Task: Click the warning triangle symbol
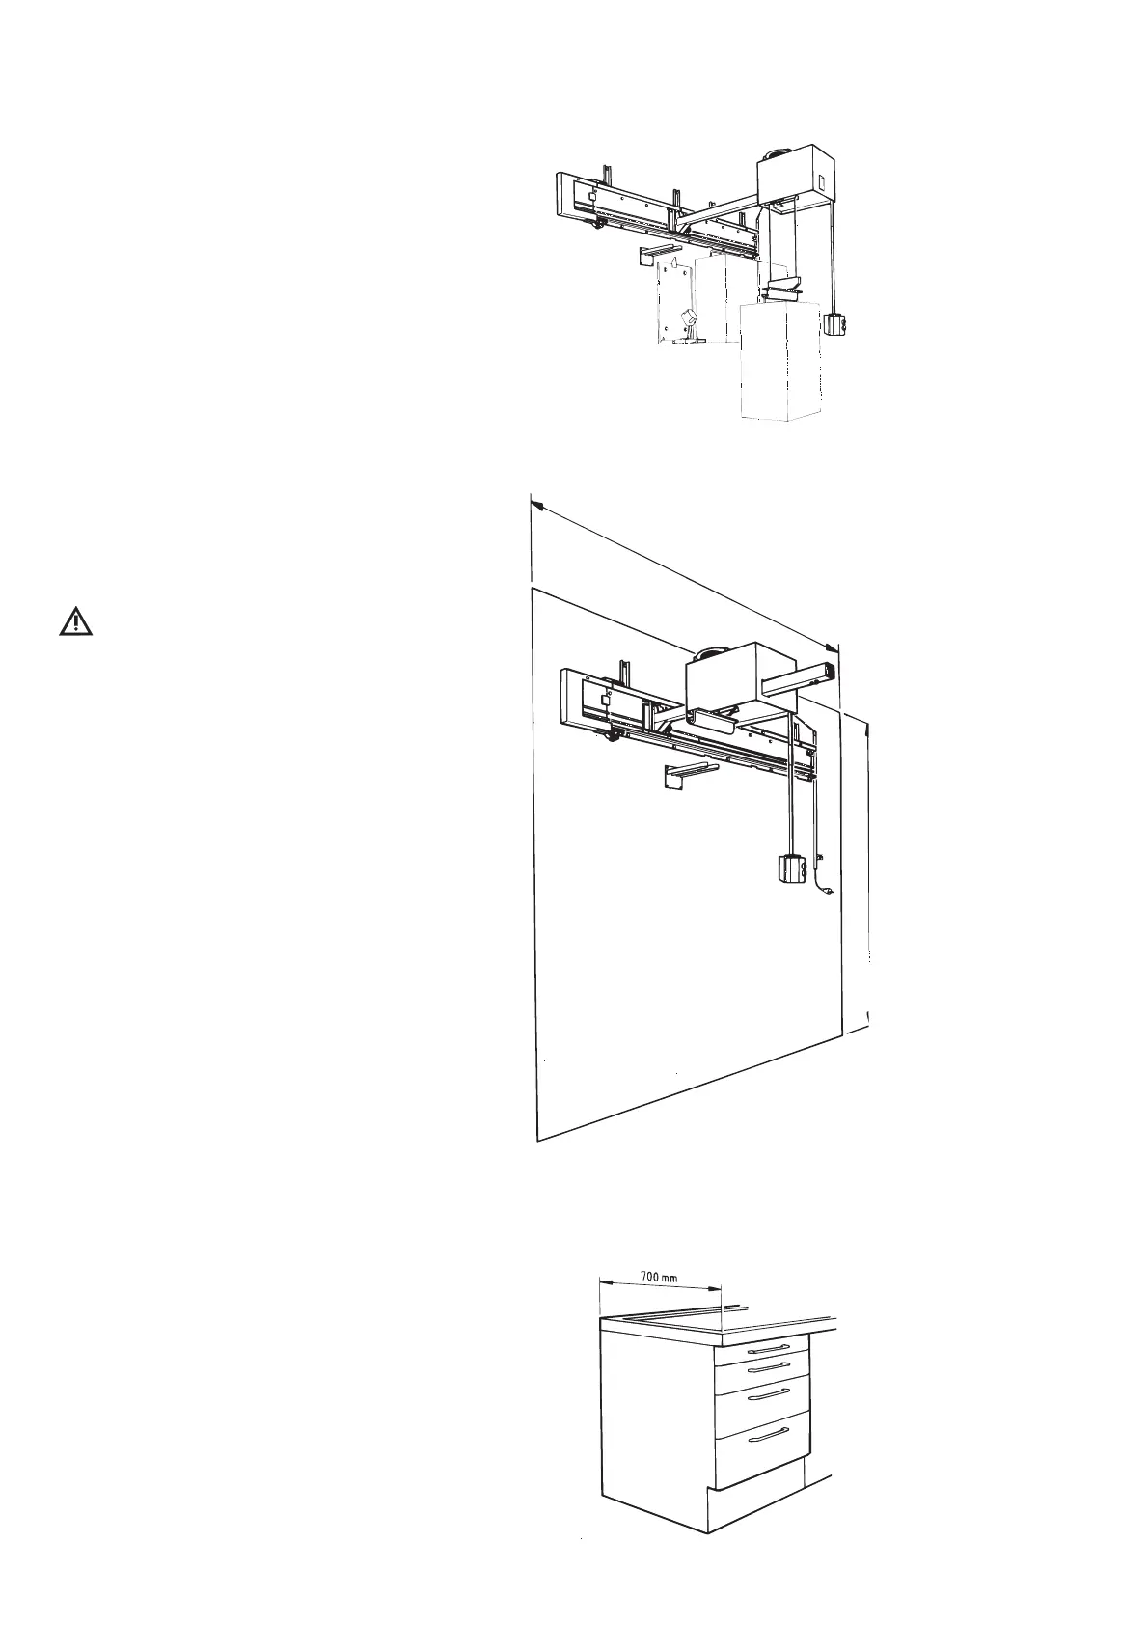[75, 622]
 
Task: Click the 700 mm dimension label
[660, 1276]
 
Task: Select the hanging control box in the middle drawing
[788, 869]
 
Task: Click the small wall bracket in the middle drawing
[680, 776]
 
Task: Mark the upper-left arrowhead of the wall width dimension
[536, 503]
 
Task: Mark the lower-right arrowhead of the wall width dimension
[834, 650]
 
